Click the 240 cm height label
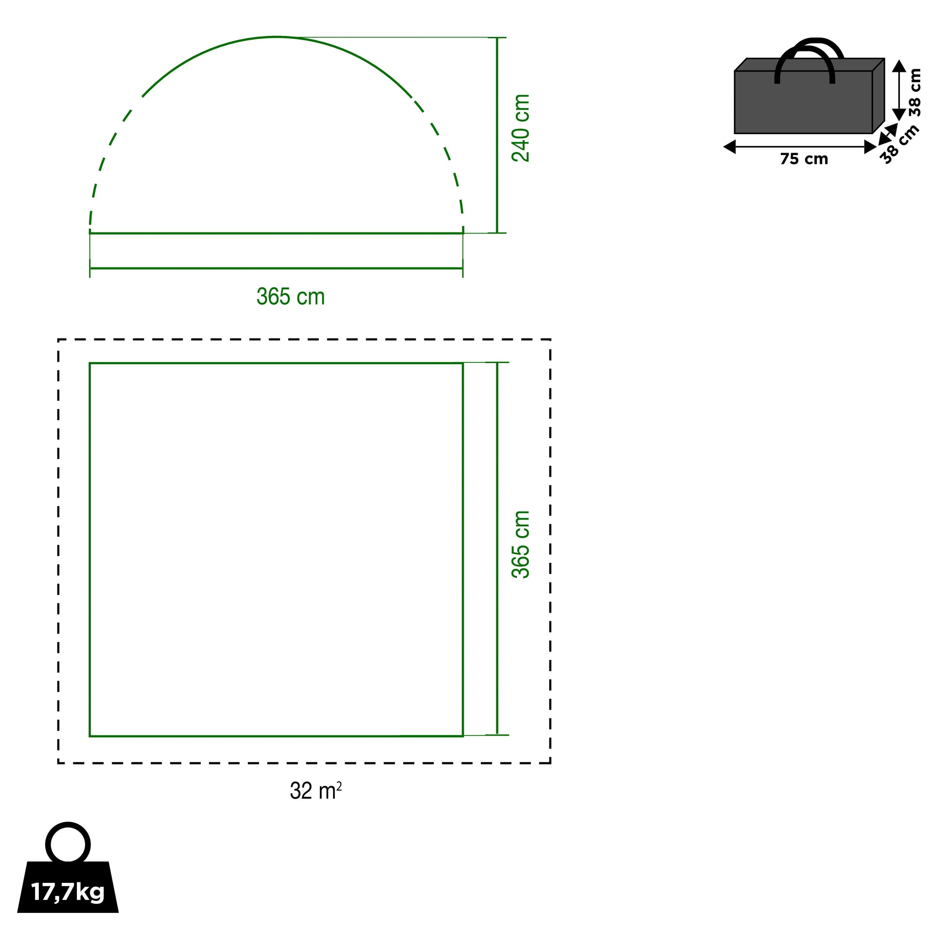tap(521, 128)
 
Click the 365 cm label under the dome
tap(291, 297)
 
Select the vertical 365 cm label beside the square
tap(521, 544)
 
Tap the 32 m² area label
tap(316, 791)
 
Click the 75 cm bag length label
tap(804, 159)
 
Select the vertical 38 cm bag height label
tap(915, 92)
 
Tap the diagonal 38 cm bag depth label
tap(900, 144)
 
